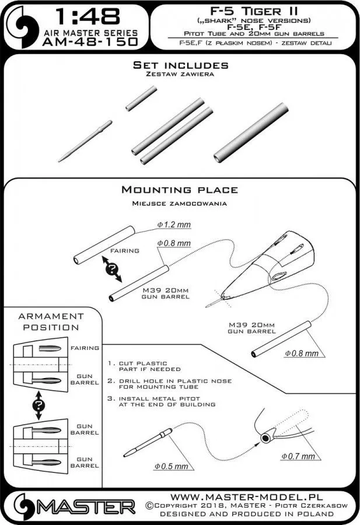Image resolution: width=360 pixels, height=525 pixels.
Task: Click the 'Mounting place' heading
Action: coord(179,190)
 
